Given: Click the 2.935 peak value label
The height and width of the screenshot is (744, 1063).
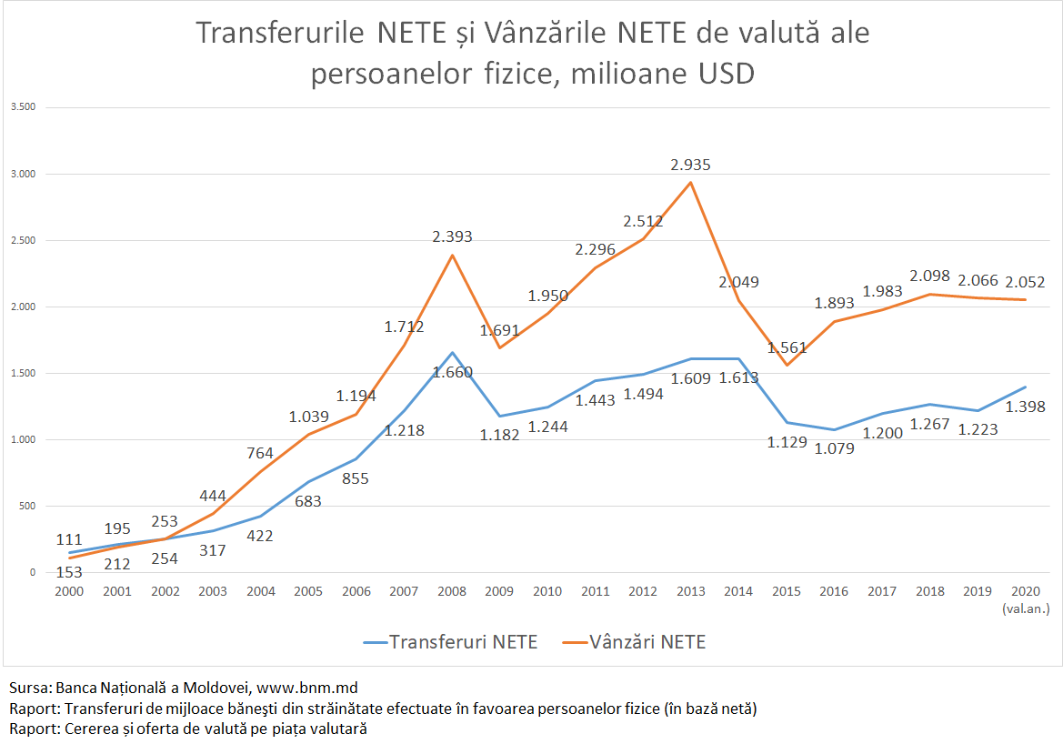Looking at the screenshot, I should click(x=690, y=166).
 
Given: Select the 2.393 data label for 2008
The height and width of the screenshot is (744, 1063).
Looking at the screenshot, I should click(x=452, y=237).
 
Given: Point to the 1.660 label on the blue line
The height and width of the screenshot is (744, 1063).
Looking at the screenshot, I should click(x=452, y=371).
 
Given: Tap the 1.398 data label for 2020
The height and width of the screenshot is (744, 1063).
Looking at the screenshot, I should click(x=1026, y=407).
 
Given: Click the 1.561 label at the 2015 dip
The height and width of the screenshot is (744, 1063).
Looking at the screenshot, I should click(x=787, y=347).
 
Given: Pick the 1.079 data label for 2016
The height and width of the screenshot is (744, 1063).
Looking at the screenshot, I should click(x=834, y=447).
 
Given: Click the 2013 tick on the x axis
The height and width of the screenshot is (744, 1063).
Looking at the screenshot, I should click(x=690, y=591).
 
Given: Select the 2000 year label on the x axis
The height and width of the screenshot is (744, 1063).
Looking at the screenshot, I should click(x=69, y=591).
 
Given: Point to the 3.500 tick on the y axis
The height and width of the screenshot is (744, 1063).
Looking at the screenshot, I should click(x=23, y=107).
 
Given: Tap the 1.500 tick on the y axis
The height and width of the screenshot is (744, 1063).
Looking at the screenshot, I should click(x=23, y=373).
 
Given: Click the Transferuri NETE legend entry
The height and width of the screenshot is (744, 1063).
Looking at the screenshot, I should click(x=449, y=642).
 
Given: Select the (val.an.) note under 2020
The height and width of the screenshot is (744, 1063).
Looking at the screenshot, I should click(x=1026, y=608).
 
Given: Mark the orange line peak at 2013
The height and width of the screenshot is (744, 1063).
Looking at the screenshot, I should click(x=690, y=183).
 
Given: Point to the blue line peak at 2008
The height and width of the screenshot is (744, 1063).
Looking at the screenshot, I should click(x=452, y=352).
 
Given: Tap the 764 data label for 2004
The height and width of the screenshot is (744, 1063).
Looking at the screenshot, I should click(x=261, y=453).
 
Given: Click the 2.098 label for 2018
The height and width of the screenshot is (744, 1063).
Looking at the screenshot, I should click(x=930, y=275).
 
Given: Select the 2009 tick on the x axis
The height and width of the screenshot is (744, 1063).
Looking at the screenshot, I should click(x=499, y=591).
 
